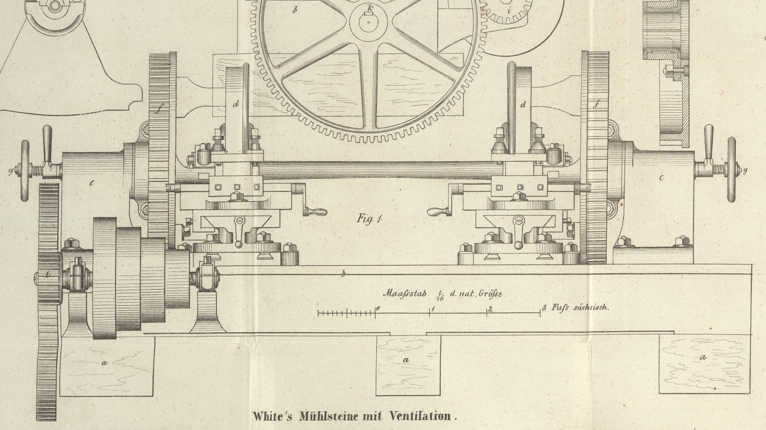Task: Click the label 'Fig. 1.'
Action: coord(369,218)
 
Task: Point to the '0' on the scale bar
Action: coord(378,308)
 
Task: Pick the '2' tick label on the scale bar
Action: coord(490,309)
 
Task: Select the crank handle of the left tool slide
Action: coord(316,211)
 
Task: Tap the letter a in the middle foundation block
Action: coord(406,359)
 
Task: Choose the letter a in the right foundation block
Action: coord(704,357)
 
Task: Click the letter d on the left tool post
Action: coord(236,104)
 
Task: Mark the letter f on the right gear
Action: coord(597,105)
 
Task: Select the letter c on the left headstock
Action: coord(92,183)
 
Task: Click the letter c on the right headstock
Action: coord(661,178)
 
